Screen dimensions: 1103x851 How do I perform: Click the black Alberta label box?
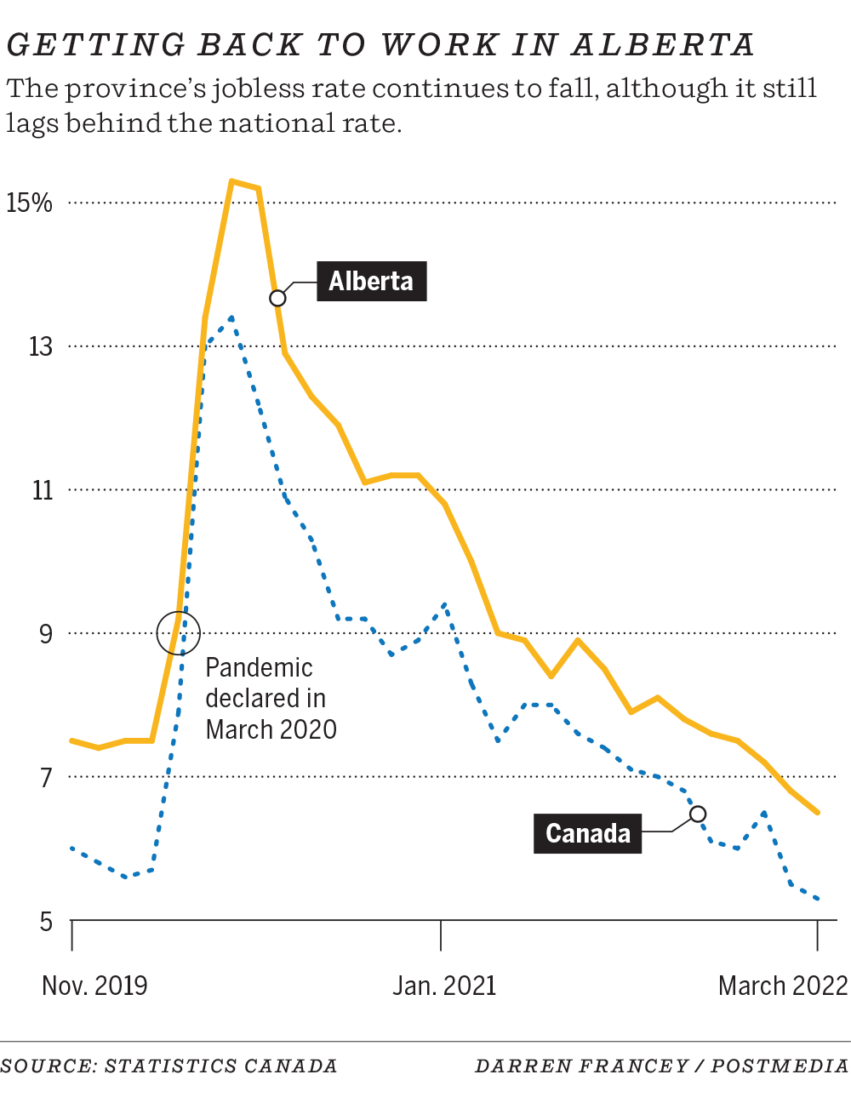pyautogui.click(x=371, y=281)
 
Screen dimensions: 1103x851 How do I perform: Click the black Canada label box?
pyautogui.click(x=587, y=833)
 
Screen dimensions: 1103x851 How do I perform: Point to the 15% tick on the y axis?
pyautogui.click(x=29, y=203)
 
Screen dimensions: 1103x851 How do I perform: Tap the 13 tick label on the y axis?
pyautogui.click(x=40, y=346)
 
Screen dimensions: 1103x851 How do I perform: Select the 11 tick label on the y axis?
pyautogui.click(x=42, y=490)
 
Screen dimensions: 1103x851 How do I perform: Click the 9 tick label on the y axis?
pyautogui.click(x=45, y=634)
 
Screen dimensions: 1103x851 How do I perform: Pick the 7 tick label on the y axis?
pyautogui.click(x=46, y=778)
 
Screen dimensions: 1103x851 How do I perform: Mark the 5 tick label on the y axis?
pyautogui.click(x=46, y=922)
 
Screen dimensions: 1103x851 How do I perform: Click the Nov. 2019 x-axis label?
pyautogui.click(x=94, y=986)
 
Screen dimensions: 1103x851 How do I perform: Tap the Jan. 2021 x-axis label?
pyautogui.click(x=443, y=986)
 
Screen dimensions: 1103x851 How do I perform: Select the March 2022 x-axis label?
pyautogui.click(x=783, y=986)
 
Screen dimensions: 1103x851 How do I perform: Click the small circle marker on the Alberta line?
pyautogui.click(x=277, y=298)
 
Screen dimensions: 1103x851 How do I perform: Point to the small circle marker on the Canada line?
pyautogui.click(x=698, y=814)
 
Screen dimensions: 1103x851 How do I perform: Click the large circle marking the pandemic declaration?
pyautogui.click(x=179, y=632)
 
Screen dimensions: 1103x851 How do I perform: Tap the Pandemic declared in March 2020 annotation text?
pyautogui.click(x=271, y=699)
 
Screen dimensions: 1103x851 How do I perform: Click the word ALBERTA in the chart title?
pyautogui.click(x=663, y=45)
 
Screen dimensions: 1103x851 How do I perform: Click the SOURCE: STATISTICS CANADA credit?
pyautogui.click(x=168, y=1066)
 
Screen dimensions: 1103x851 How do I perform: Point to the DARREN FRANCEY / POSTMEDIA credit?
pyautogui.click(x=661, y=1066)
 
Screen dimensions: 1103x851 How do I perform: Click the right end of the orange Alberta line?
pyautogui.click(x=817, y=812)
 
